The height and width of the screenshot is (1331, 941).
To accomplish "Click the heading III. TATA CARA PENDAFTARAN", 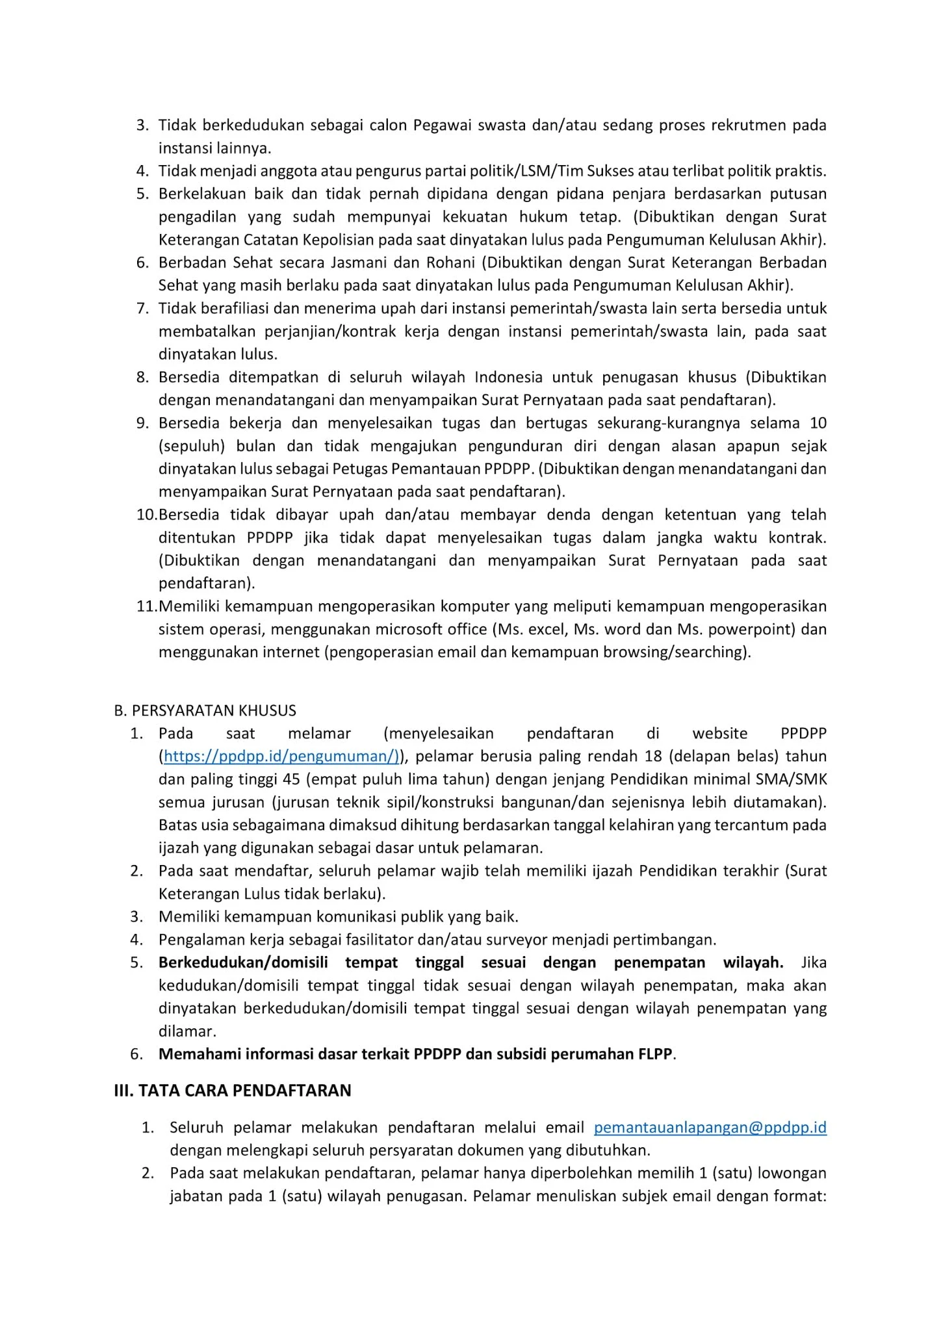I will [233, 1090].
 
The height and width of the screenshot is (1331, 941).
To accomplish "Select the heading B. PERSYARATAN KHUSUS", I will [205, 710].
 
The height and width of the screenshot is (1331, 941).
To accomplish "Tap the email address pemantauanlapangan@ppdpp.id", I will [710, 1127].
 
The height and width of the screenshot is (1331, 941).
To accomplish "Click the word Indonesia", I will [508, 377].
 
